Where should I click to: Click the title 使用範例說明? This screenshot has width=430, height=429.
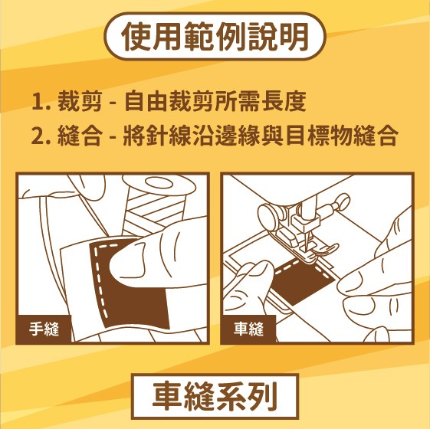[215, 37]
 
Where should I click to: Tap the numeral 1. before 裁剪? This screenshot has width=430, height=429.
[41, 101]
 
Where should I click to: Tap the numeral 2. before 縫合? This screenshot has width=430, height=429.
[41, 136]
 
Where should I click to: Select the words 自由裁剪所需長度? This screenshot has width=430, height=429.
[215, 101]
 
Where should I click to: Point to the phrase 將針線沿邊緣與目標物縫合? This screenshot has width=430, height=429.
[261, 136]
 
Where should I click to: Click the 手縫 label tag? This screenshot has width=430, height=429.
[44, 329]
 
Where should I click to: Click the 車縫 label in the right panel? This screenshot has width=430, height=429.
[248, 329]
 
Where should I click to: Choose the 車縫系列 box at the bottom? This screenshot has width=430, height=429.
[215, 396]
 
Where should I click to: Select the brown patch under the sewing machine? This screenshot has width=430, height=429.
[302, 283]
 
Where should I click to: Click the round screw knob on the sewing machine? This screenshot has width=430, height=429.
[267, 217]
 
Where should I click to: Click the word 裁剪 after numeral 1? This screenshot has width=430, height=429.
[80, 101]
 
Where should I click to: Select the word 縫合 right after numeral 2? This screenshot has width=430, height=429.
[80, 136]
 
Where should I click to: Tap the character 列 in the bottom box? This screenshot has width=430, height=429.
[262, 396]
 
